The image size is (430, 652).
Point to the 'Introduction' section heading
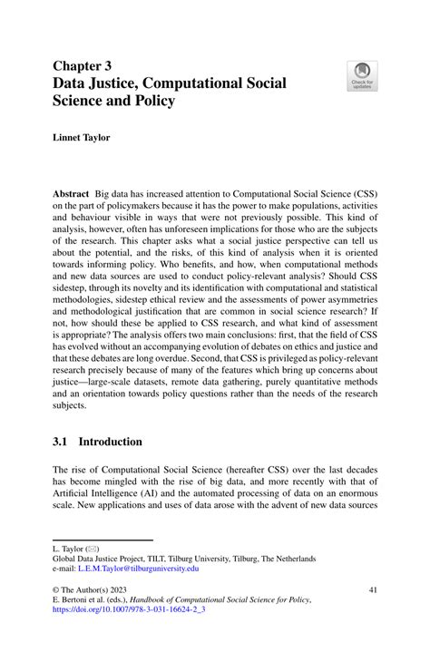(x=110, y=442)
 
